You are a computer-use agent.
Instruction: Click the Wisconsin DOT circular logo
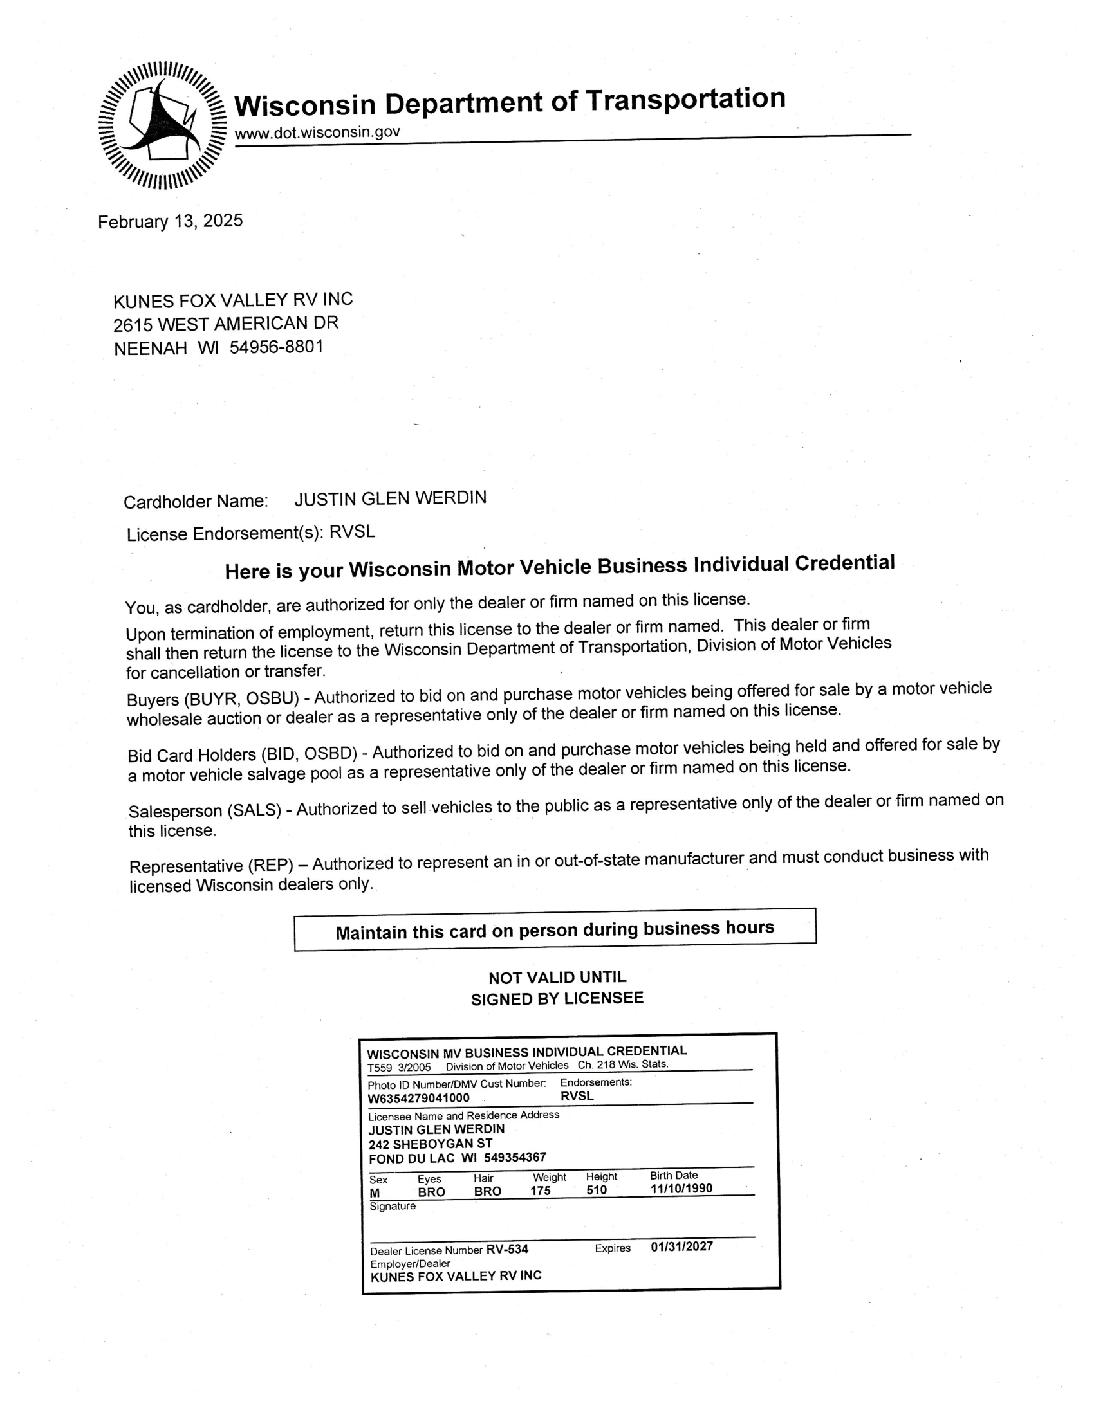pyautogui.click(x=162, y=125)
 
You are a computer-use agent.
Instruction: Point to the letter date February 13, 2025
pyautogui.click(x=170, y=222)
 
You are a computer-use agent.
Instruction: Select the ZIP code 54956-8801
pyautogui.click(x=276, y=347)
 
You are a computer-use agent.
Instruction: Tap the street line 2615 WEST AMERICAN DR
pyautogui.click(x=225, y=324)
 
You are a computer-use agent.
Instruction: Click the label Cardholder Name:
pyautogui.click(x=195, y=502)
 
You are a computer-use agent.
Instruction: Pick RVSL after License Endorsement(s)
pyautogui.click(x=352, y=532)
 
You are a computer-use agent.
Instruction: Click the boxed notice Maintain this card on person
pyautogui.click(x=555, y=930)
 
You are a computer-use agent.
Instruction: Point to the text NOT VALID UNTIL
pyautogui.click(x=557, y=977)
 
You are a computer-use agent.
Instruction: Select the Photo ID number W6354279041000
pyautogui.click(x=419, y=1098)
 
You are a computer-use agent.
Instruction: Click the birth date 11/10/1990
pyautogui.click(x=681, y=1188)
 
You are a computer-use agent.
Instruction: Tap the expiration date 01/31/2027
pyautogui.click(x=681, y=1246)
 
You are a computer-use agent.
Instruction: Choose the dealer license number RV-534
pyautogui.click(x=508, y=1249)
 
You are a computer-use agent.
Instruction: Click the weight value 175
pyautogui.click(x=541, y=1191)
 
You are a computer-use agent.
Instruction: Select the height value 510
pyautogui.click(x=597, y=1190)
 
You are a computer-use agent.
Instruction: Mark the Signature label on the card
pyautogui.click(x=393, y=1207)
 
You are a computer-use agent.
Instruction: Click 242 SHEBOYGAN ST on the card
pyautogui.click(x=431, y=1144)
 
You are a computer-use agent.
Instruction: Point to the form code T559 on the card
pyautogui.click(x=380, y=1068)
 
